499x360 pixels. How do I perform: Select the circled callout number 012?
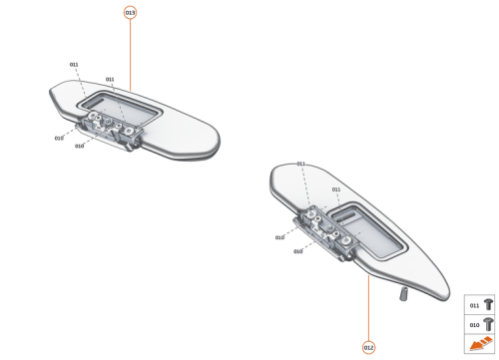pos(369,346)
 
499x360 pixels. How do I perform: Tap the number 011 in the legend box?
pos(474,304)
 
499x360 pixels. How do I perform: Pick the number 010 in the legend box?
pos(474,324)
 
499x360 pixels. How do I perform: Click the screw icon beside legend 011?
pos(488,304)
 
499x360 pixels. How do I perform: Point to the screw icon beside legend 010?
pos(488,324)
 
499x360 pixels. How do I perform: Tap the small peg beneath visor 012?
pos(404,295)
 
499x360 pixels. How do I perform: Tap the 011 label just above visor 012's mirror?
pos(336,188)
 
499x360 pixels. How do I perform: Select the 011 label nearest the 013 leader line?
pos(110,79)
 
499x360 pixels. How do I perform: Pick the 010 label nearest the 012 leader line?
pos(297,251)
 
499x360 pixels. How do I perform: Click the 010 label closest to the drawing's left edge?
pos(59,138)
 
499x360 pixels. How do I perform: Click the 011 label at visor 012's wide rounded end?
pos(300,163)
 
